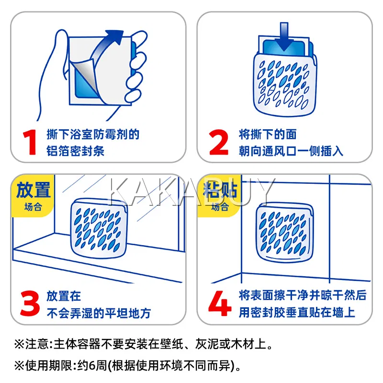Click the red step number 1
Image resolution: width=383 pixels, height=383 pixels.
point(30,143)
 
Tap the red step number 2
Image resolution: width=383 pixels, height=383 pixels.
point(219,142)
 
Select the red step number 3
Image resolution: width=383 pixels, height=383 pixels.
point(30,304)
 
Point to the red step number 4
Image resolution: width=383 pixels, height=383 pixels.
point(220,304)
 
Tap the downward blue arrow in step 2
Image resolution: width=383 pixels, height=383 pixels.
point(284,37)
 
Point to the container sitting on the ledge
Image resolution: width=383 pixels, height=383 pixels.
point(99,228)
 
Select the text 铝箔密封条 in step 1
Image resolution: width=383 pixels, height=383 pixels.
point(76,151)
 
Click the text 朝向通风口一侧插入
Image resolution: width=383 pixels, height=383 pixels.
point(291,151)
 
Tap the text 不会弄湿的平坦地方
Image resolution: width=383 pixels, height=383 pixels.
point(99,313)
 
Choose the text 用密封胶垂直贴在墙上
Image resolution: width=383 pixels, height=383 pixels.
point(297,313)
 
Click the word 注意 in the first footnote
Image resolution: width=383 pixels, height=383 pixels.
point(37,344)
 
